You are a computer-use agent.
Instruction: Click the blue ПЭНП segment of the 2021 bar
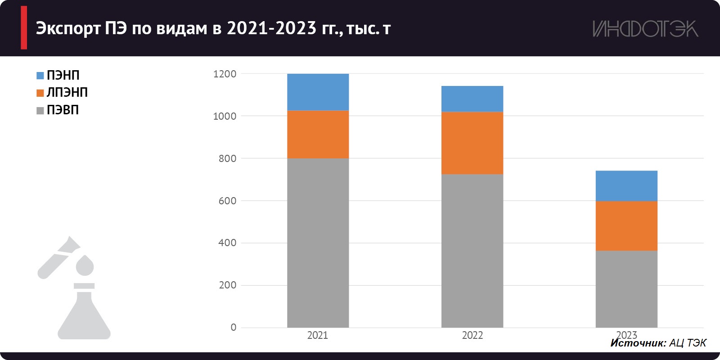pyautogui.click(x=318, y=92)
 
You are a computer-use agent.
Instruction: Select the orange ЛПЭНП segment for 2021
pyautogui.click(x=318, y=134)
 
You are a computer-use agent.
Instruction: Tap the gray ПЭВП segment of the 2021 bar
pyautogui.click(x=318, y=243)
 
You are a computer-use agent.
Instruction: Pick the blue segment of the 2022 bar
pyautogui.click(x=472, y=99)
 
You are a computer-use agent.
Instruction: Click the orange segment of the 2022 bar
pyautogui.click(x=472, y=143)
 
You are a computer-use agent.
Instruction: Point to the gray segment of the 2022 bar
pyautogui.click(x=472, y=251)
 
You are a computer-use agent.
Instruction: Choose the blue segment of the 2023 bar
pyautogui.click(x=626, y=185)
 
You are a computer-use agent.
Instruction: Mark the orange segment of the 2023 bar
pyautogui.click(x=626, y=225)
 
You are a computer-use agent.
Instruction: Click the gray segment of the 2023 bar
pyautogui.click(x=626, y=289)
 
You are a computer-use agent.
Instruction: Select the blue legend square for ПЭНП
pyautogui.click(x=40, y=76)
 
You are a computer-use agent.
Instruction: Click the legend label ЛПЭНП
pyautogui.click(x=67, y=92)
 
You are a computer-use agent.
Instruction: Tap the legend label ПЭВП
pyautogui.click(x=63, y=110)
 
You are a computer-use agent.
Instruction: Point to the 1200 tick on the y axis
pyautogui.click(x=225, y=74)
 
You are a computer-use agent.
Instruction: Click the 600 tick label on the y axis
pyautogui.click(x=227, y=201)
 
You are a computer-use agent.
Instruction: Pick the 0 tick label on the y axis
pyautogui.click(x=233, y=328)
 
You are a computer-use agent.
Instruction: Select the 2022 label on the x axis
pyautogui.click(x=472, y=335)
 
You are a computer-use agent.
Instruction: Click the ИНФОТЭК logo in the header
pyautogui.click(x=645, y=29)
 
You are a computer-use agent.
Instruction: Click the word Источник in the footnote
pyautogui.click(x=638, y=343)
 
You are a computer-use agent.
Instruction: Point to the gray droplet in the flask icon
pyautogui.click(x=85, y=265)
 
